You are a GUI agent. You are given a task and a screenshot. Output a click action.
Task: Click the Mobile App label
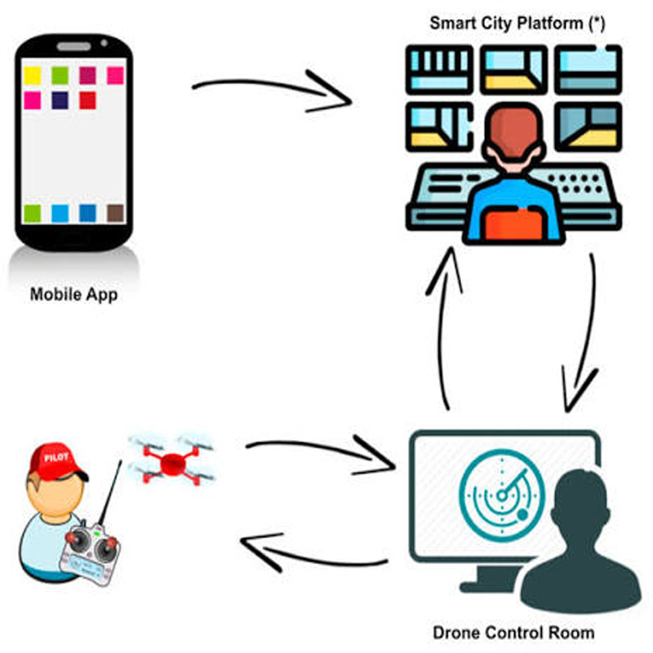[73, 295]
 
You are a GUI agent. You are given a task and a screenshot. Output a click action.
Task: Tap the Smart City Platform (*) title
[517, 24]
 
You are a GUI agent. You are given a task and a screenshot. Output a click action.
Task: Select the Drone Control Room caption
[513, 633]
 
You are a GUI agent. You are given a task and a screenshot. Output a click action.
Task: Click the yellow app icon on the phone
[33, 76]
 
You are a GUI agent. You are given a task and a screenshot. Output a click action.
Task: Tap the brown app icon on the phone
[115, 213]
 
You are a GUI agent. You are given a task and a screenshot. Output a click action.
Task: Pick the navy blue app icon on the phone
[60, 100]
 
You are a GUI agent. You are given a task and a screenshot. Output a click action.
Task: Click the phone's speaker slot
[73, 47]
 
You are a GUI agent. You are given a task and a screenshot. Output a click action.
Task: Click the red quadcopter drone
[171, 460]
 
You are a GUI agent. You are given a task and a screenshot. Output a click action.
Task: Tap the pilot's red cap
[56, 461]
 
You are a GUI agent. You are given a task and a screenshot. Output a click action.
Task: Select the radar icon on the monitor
[502, 495]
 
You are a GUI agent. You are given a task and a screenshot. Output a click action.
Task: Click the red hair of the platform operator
[514, 132]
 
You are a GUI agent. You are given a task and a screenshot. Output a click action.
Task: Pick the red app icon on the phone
[87, 100]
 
